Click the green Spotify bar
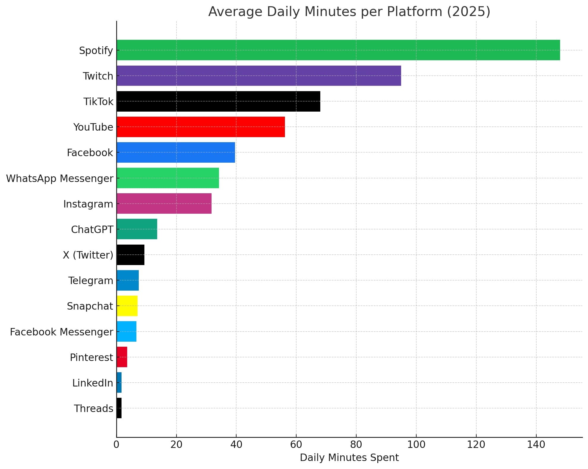[x=338, y=50]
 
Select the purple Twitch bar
[x=258, y=76]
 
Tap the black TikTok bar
[x=218, y=101]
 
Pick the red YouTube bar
[x=201, y=127]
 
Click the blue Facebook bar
[x=176, y=152]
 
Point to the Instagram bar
[x=164, y=203]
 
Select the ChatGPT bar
[x=137, y=229]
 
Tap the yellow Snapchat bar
[x=127, y=306]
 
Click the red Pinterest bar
[x=122, y=357]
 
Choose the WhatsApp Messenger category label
[x=60, y=178]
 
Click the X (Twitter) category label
[x=88, y=255]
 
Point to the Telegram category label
[x=91, y=281]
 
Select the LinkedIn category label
[x=92, y=383]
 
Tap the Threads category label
[x=93, y=408]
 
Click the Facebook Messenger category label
[x=62, y=332]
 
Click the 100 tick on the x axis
[x=416, y=444]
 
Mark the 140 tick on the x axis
[x=536, y=444]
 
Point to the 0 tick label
[x=116, y=444]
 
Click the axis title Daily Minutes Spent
[x=349, y=457]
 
